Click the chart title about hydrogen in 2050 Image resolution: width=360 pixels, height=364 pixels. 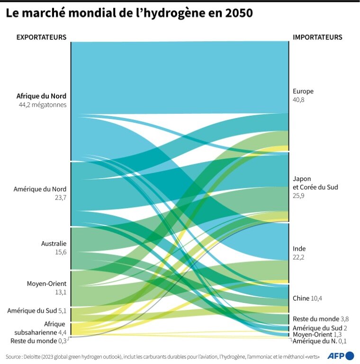[129, 14]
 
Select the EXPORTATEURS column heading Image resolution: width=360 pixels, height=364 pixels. [41, 37]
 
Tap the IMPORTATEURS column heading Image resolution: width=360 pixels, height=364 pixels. [317, 37]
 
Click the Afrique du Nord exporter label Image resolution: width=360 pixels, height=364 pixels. [41, 96]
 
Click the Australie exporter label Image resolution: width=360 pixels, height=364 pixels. [54, 244]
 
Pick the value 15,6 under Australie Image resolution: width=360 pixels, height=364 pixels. [61, 252]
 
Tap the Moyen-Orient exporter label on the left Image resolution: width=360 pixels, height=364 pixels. [46, 283]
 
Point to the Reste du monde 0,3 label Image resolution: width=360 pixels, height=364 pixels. [38, 341]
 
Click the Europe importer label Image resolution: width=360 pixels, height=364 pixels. [303, 91]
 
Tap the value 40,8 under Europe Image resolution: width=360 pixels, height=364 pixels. [299, 100]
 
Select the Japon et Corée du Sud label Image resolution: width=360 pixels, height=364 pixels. [315, 183]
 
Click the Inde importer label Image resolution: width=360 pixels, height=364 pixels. [299, 248]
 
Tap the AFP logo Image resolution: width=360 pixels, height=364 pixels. [341, 355]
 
